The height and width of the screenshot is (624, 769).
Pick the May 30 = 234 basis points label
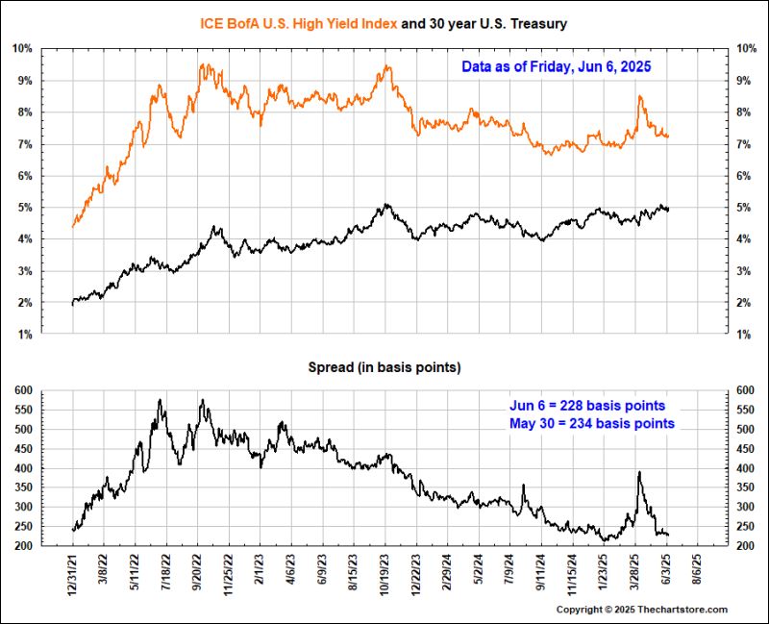pos(590,423)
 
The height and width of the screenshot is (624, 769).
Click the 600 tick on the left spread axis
pos(25,389)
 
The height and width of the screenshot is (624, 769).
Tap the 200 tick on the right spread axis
pos(745,546)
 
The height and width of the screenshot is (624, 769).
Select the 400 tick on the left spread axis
pos(25,468)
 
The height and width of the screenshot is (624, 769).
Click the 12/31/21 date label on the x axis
pos(73,577)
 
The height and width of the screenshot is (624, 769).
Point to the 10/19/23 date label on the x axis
pos(385,577)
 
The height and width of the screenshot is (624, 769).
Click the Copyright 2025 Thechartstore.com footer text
pos(642,610)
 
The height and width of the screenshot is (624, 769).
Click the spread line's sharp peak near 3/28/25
pos(639,472)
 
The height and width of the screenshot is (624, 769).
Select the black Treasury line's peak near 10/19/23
pos(384,204)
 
